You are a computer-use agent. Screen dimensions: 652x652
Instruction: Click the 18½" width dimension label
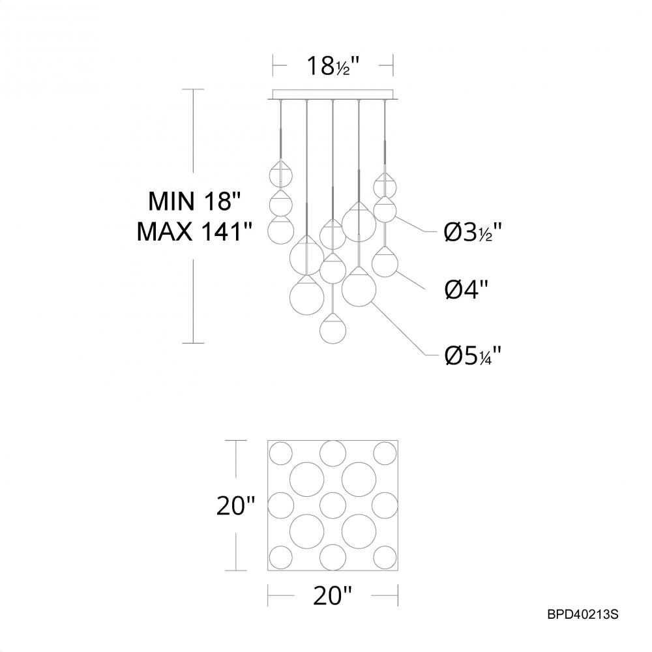pos(332,66)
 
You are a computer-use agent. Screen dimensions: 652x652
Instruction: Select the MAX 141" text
pos(195,231)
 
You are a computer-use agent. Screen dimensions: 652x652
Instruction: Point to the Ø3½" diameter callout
pos(473,231)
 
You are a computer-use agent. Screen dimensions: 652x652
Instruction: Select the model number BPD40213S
pos(582,614)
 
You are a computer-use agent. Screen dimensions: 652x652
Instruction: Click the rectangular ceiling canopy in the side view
pos(333,94)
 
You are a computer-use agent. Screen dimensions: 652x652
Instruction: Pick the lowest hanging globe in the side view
pos(333,328)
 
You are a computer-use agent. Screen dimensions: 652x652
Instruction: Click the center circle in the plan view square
pos(333,504)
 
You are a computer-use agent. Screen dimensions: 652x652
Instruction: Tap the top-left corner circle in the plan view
pos(282,452)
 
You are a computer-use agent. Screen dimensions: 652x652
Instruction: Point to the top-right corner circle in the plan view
pos(385,452)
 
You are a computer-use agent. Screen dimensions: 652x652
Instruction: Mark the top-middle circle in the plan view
pos(333,452)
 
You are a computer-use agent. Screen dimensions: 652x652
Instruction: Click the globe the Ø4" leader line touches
pos(385,263)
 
